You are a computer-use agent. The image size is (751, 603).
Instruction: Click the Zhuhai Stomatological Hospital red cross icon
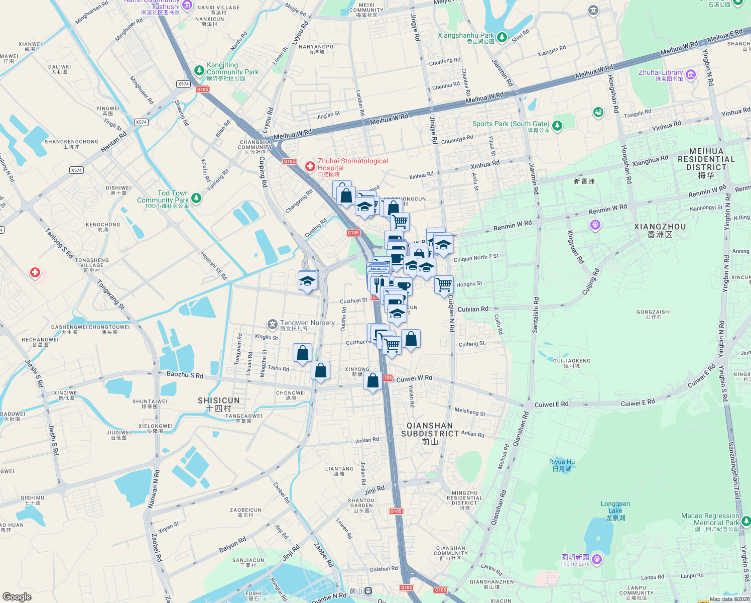tap(310, 166)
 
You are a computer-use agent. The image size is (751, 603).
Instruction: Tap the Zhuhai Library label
tap(660, 73)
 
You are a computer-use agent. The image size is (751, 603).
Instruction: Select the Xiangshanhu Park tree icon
tap(502, 37)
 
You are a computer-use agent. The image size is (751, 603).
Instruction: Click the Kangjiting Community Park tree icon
tap(199, 69)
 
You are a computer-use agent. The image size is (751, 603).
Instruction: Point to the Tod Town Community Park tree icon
tap(196, 198)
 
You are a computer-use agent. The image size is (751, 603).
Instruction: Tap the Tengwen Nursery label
tap(307, 323)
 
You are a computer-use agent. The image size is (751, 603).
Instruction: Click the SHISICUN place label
tap(219, 400)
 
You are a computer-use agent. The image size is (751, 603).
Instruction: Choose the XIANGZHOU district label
tap(660, 227)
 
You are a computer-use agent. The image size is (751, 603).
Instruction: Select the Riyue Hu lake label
tap(562, 462)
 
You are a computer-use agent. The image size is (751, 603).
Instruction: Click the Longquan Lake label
tap(615, 507)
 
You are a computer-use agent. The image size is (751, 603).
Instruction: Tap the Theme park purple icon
tap(597, 559)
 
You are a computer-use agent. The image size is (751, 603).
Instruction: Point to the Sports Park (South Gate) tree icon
tap(557, 125)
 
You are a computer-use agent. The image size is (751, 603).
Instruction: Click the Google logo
tap(17, 596)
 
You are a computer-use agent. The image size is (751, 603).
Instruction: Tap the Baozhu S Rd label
tap(185, 375)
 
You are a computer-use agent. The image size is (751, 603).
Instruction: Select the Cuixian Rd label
tap(473, 309)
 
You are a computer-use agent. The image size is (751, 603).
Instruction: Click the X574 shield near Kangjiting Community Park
tap(183, 84)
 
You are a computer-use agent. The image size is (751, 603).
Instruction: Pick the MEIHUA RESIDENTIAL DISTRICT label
tap(706, 159)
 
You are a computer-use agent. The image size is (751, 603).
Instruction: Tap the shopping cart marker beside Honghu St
tap(444, 285)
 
